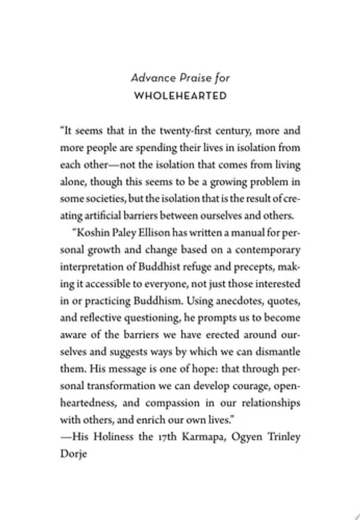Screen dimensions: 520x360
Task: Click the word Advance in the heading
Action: click(148, 78)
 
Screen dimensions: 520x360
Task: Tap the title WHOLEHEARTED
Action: click(180, 95)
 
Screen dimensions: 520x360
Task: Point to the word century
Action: click(229, 130)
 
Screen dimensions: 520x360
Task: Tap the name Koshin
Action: click(93, 233)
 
